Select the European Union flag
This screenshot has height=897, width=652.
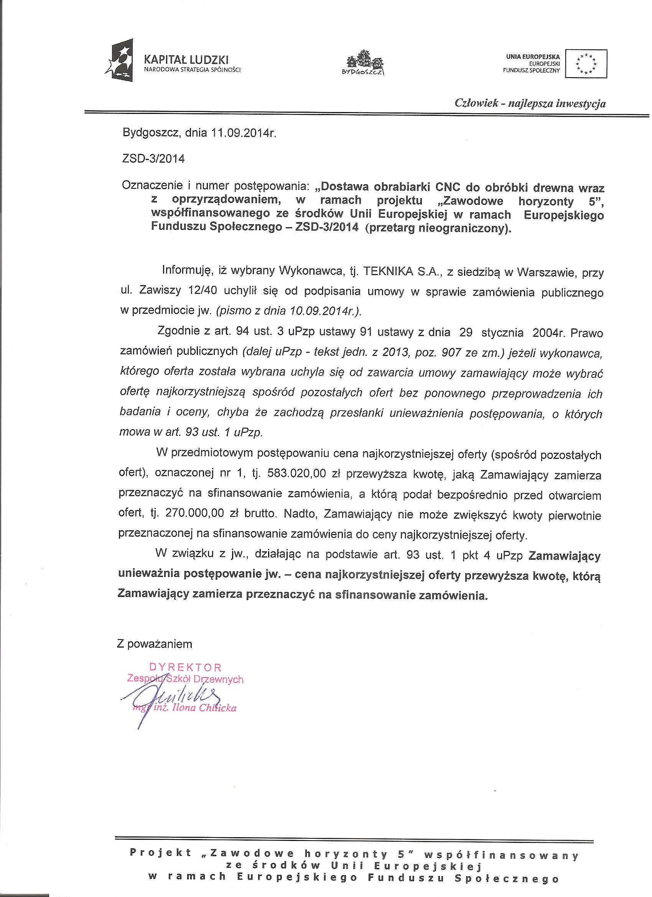[586, 63]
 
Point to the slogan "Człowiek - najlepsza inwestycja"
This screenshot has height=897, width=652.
[530, 104]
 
